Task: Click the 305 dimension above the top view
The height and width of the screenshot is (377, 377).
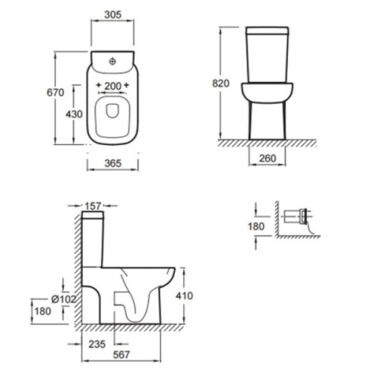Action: (113, 14)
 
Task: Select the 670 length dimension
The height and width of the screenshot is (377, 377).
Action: (55, 93)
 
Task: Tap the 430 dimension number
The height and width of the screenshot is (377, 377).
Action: (74, 115)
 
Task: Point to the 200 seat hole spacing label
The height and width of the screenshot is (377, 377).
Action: (113, 86)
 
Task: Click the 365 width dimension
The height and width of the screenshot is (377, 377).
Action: (113, 164)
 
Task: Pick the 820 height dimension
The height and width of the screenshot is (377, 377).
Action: (221, 84)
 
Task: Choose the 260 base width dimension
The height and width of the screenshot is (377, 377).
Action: (268, 158)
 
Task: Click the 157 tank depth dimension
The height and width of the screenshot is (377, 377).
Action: (93, 206)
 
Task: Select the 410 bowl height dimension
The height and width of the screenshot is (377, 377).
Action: (184, 296)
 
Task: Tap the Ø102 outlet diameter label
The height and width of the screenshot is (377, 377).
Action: (63, 299)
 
